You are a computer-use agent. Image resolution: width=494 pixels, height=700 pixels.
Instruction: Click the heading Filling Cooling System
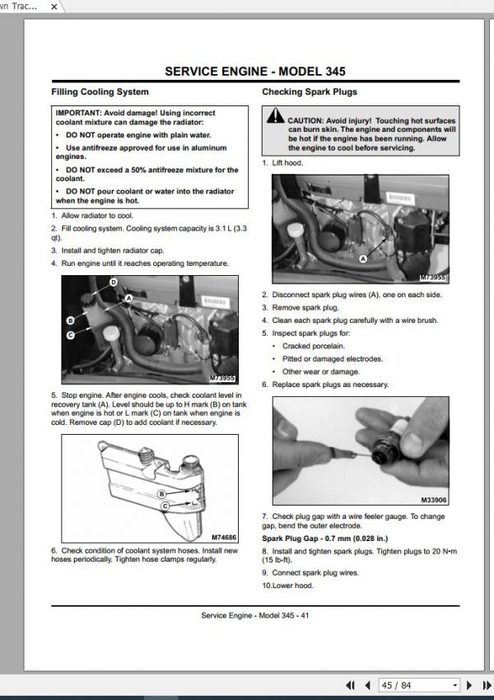(100, 92)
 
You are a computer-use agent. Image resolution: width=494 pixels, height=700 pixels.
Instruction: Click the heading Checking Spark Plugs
(310, 92)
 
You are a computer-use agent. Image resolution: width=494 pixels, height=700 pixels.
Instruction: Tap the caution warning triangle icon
(275, 115)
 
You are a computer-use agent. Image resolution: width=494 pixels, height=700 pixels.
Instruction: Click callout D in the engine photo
(114, 282)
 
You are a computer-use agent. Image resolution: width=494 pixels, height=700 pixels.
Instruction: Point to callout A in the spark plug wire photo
(363, 259)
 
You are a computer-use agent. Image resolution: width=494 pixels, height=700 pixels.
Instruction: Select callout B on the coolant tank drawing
(162, 493)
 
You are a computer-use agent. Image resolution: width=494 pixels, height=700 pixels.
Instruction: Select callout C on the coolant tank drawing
(165, 506)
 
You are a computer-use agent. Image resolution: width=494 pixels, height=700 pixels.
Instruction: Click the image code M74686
(224, 538)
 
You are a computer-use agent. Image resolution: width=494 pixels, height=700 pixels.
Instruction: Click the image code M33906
(434, 500)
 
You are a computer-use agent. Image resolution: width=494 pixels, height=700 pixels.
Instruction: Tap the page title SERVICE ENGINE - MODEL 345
(255, 72)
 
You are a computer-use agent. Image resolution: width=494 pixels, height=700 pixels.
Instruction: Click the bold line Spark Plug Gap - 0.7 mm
(325, 539)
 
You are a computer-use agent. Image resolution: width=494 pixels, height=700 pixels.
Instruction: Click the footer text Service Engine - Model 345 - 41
(254, 615)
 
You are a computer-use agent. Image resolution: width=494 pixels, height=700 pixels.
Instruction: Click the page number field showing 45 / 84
(418, 685)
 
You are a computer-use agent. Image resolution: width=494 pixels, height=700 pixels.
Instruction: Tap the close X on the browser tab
(54, 7)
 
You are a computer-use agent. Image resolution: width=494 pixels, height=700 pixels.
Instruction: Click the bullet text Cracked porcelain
(314, 346)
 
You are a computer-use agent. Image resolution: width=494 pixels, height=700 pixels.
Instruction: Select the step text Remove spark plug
(305, 308)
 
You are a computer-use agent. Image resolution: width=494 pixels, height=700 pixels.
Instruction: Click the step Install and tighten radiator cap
(113, 250)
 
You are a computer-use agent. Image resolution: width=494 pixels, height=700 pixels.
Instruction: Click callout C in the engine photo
(71, 335)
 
